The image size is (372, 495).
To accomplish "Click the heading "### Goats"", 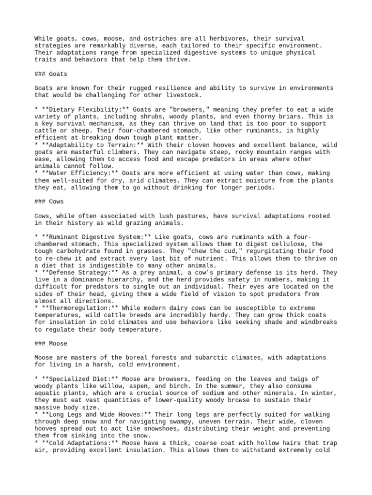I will pos(50,74).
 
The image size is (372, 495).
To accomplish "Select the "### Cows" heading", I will pos(48,202).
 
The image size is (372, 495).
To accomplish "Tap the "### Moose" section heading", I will pos(50,344).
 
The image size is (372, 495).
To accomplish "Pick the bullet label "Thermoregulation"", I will pos(77,308).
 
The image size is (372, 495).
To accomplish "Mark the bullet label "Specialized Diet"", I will pos(77,379).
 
